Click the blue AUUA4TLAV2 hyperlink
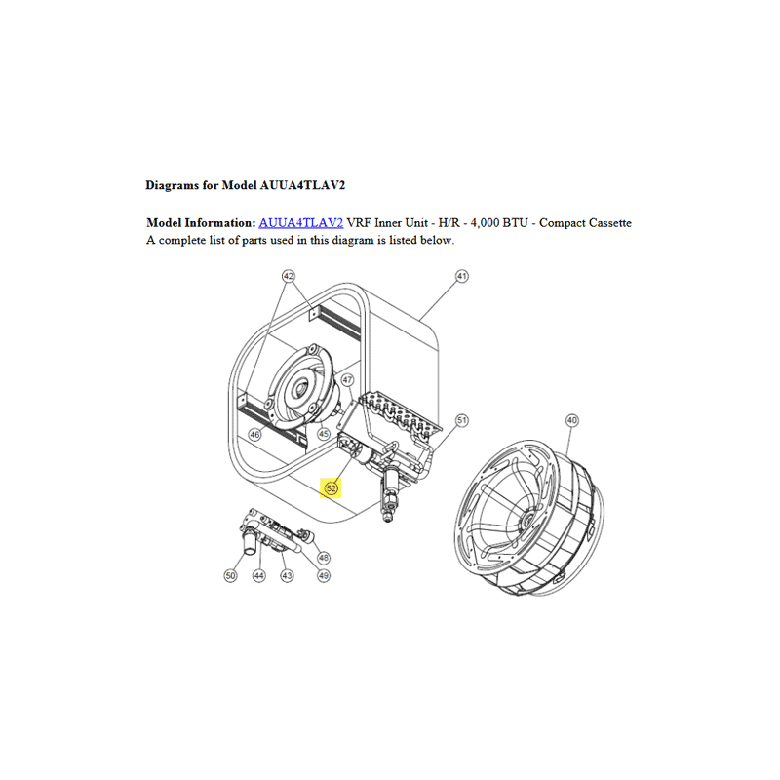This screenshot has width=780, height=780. point(301,223)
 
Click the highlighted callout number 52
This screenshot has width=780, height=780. point(331,488)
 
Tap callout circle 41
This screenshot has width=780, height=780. point(462,276)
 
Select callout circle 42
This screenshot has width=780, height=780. point(289,276)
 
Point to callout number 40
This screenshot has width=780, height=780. point(572,420)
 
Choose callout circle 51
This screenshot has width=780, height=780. point(462,420)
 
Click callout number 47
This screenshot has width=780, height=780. point(347,380)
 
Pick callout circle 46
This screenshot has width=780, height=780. point(254,435)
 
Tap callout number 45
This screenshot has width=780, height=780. point(324,434)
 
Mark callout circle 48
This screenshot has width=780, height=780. point(324,557)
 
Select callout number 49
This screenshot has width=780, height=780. point(324,575)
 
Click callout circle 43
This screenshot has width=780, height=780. point(287,575)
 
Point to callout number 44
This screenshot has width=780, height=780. point(259,575)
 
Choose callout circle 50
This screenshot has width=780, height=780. point(230,575)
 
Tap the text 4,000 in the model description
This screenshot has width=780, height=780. point(485,223)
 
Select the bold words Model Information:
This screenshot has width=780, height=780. point(201,223)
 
